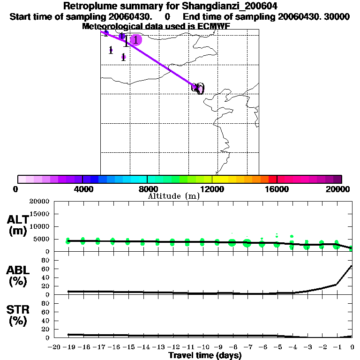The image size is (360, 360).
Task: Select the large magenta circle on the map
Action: tap(135, 40)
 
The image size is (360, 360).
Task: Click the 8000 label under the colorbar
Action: tap(147, 189)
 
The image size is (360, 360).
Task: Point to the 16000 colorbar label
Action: tap(277, 189)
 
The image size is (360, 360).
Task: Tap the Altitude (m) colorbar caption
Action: tap(174, 196)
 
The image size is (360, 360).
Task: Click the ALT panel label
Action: tap(17, 220)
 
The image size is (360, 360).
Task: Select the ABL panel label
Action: tap(17, 270)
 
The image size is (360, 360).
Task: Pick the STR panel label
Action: tap(17, 310)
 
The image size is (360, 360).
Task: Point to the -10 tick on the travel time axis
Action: tap(202, 347)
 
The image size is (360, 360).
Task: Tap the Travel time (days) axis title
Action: tap(205, 356)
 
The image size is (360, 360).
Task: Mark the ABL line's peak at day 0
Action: tap(352, 266)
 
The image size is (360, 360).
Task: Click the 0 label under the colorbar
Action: tap(16, 189)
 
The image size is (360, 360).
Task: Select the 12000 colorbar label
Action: tap(212, 189)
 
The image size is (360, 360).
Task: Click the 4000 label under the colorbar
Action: tap(82, 189)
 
